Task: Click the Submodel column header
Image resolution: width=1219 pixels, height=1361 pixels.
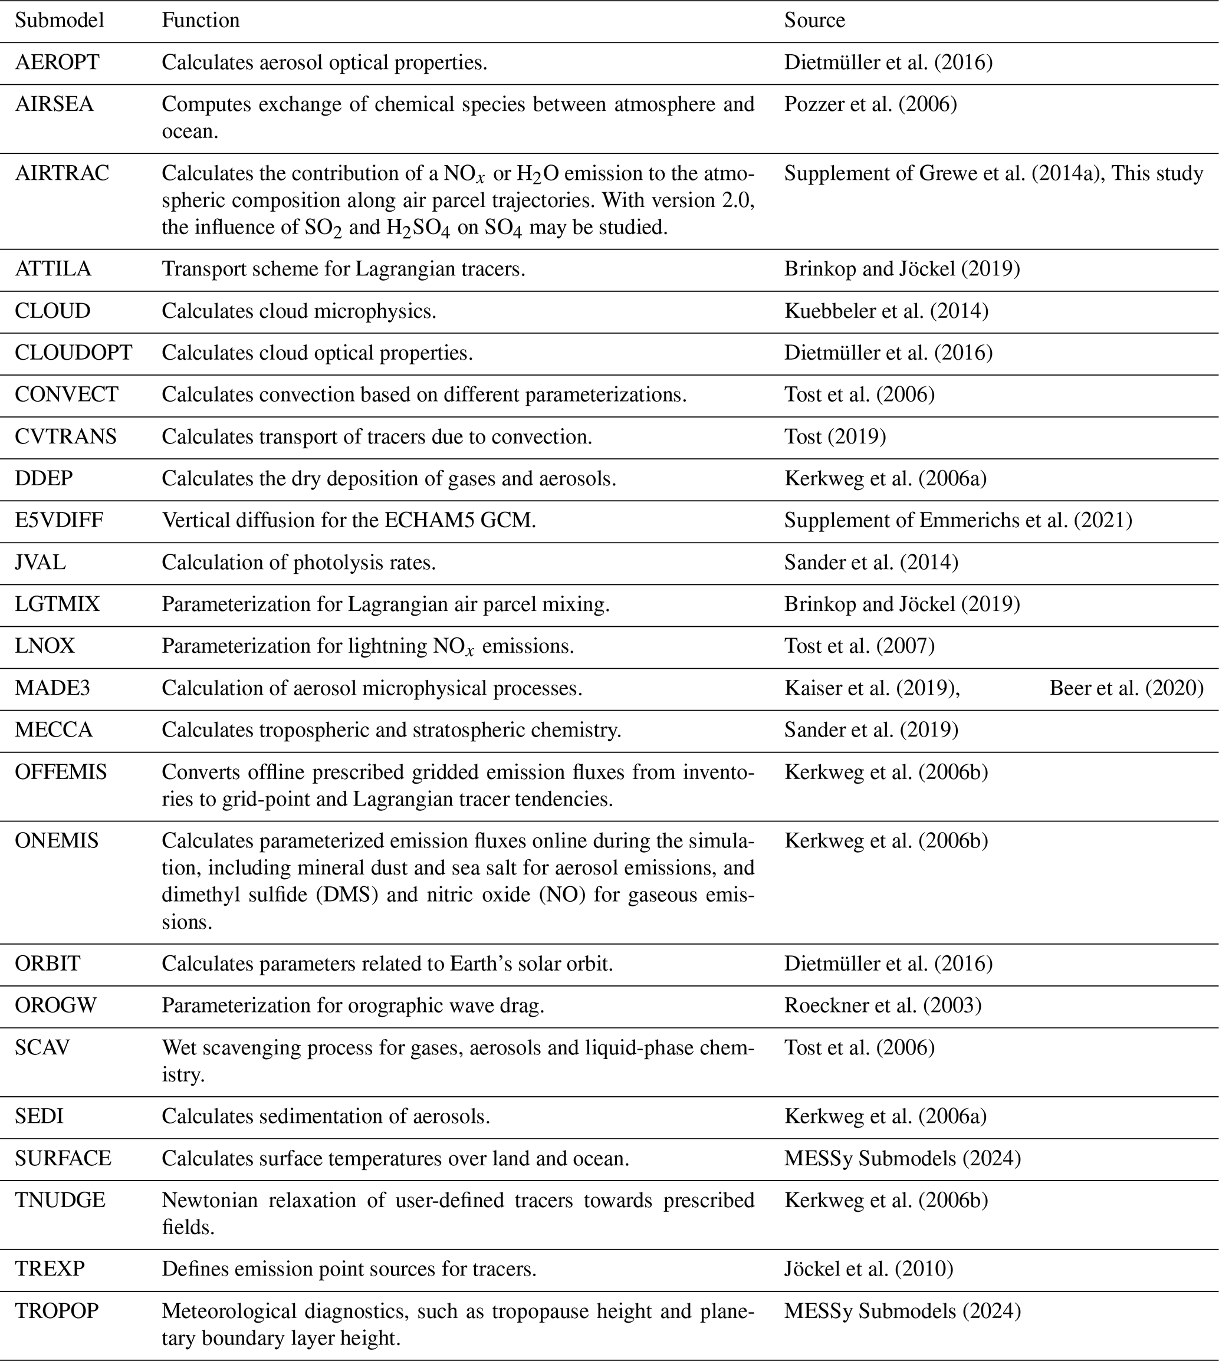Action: pyautogui.click(x=60, y=21)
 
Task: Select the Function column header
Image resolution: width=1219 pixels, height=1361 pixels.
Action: pyautogui.click(x=201, y=21)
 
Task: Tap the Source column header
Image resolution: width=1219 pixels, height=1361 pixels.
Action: pyautogui.click(x=814, y=21)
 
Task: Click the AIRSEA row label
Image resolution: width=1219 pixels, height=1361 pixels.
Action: pyautogui.click(x=54, y=104)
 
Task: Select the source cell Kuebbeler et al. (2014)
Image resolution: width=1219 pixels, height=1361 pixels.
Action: pyautogui.click(x=886, y=311)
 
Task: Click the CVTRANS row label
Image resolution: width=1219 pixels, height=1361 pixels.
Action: pyautogui.click(x=65, y=437)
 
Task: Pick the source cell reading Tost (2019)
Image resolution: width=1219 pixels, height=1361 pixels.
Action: pyautogui.click(x=835, y=437)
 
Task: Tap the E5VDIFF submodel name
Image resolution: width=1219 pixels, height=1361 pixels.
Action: pyautogui.click(x=59, y=521)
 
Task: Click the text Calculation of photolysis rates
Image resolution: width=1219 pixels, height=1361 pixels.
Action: pyautogui.click(x=299, y=563)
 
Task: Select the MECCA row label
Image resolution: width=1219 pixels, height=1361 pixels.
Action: pyautogui.click(x=54, y=730)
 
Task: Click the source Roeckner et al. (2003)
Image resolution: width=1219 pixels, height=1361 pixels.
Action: pyautogui.click(x=883, y=1006)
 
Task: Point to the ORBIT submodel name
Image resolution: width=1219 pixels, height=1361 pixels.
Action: pyautogui.click(x=48, y=964)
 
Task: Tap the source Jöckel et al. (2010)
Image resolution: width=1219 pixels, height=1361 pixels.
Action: pyautogui.click(x=869, y=1269)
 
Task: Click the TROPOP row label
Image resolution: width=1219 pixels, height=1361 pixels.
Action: pyautogui.click(x=57, y=1311)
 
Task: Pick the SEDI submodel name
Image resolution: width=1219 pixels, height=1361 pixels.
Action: pyautogui.click(x=40, y=1116)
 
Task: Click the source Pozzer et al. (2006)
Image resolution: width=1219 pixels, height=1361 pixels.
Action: pyautogui.click(x=870, y=104)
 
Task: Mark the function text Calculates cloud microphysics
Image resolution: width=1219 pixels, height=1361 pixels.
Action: pyautogui.click(x=299, y=311)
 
